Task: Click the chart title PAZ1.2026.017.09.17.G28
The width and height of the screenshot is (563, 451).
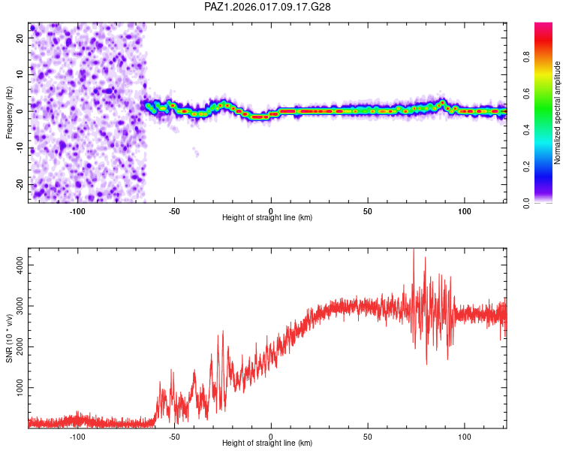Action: point(268,7)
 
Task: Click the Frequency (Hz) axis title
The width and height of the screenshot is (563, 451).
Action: point(9,113)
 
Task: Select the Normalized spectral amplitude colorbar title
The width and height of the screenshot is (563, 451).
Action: point(558,113)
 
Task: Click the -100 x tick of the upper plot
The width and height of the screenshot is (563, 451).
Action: point(77,210)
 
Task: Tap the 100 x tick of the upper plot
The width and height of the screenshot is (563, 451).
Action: point(464,210)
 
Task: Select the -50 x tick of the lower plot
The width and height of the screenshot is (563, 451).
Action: point(174,436)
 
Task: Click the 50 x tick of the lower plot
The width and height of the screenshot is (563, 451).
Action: point(368,436)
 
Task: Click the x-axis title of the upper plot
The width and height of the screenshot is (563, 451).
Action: point(267,218)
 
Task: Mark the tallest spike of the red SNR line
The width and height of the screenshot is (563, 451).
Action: point(414,251)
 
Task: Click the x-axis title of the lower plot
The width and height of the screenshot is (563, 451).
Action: point(267,443)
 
